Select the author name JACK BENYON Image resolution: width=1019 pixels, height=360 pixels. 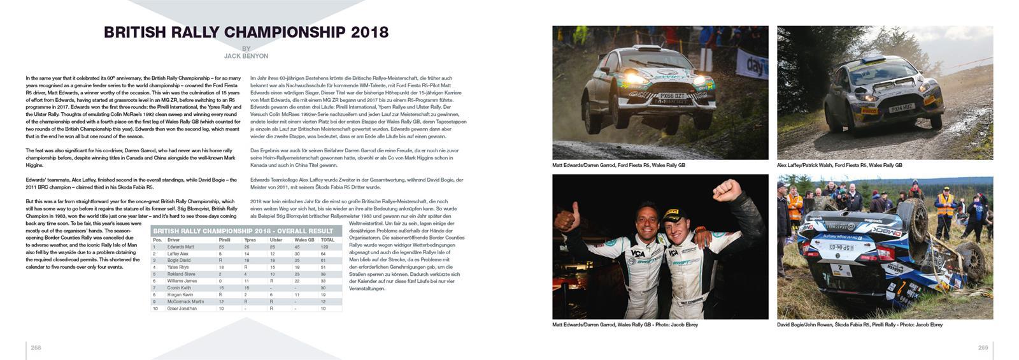246,56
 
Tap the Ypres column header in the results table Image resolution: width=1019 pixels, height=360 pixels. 250,240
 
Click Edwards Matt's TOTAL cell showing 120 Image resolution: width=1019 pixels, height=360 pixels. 324,247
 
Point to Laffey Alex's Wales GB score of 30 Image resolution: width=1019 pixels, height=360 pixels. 297,254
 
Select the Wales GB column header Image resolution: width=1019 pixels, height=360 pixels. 304,240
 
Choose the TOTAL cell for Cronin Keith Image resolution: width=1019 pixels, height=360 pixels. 324,288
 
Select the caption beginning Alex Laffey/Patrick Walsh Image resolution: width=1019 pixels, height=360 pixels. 839,165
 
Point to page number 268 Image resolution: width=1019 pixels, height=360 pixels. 36,347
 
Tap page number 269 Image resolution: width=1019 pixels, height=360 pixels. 983,347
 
